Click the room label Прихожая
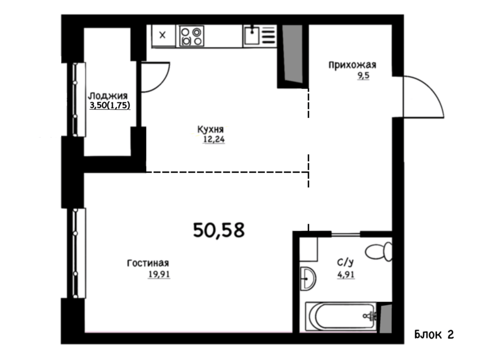352,65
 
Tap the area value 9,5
364,76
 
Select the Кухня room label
211,129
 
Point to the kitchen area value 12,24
214,139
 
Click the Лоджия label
108,96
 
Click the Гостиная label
148,263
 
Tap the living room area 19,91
159,274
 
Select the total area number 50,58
219,230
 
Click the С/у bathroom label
345,262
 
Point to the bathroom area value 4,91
346,275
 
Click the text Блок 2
434,334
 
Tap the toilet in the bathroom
379,252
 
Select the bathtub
341,316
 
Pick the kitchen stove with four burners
191,36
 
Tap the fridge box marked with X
163,35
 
